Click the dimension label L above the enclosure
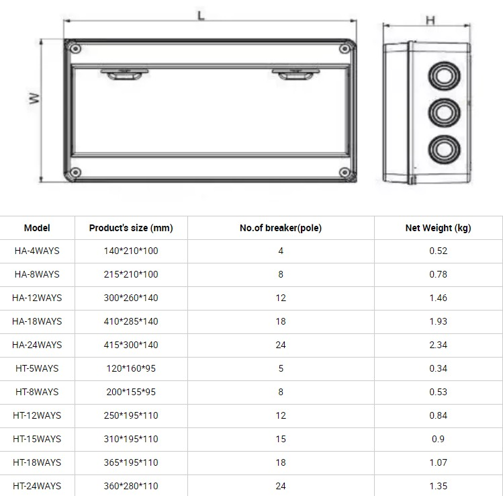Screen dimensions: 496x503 [x=201, y=15]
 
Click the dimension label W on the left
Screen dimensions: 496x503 [x=34, y=98]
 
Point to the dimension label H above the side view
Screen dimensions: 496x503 [x=430, y=20]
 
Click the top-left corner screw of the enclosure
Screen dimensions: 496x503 [x=75, y=48]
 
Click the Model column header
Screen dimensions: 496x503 [x=37, y=228]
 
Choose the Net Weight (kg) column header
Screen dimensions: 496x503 [x=438, y=228]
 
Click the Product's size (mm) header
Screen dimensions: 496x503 [x=131, y=228]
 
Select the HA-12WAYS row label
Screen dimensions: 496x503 [x=37, y=298]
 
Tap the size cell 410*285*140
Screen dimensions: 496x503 [x=131, y=321]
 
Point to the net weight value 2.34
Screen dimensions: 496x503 [x=438, y=345]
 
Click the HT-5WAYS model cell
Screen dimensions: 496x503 [x=37, y=368]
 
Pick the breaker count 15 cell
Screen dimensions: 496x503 [x=281, y=439]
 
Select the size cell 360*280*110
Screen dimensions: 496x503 [x=131, y=486]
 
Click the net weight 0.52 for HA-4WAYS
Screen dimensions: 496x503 [x=438, y=251]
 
